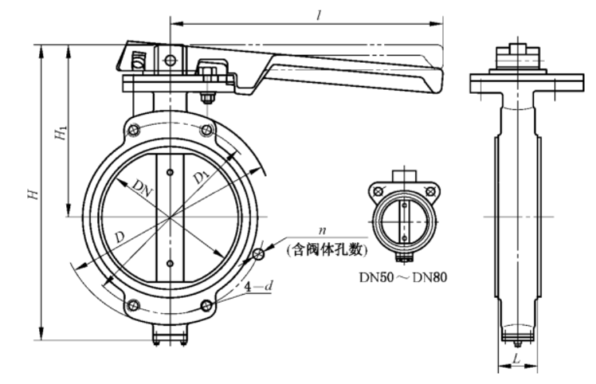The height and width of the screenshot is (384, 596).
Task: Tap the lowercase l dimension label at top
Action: (x=320, y=13)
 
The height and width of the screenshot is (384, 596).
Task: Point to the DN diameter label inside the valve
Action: (x=142, y=186)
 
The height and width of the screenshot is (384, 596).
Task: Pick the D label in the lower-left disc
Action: (x=120, y=235)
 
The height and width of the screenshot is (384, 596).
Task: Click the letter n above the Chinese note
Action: (x=321, y=230)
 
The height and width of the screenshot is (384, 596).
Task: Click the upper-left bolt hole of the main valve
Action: (x=134, y=130)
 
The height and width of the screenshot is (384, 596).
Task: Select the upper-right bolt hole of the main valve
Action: (x=206, y=130)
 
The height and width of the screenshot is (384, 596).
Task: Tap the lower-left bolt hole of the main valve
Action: (x=134, y=305)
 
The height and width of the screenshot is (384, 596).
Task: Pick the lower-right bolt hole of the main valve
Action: (x=206, y=305)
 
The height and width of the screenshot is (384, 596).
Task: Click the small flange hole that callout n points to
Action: (x=259, y=254)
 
